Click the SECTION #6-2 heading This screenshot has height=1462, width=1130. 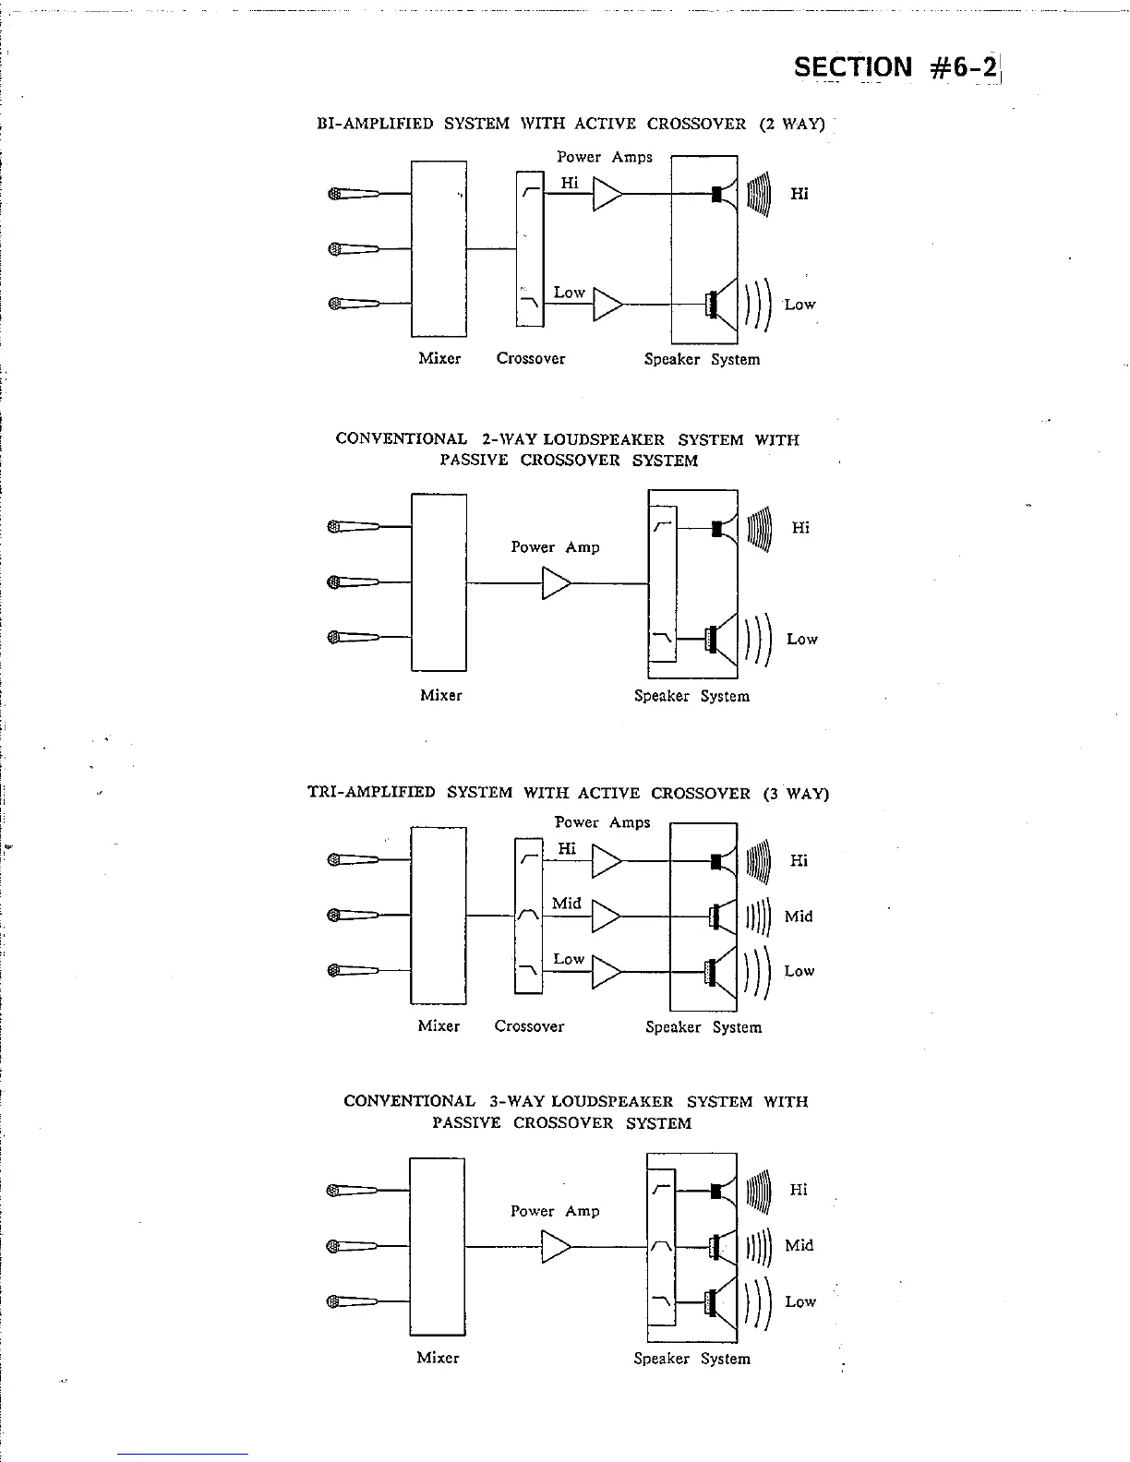(896, 66)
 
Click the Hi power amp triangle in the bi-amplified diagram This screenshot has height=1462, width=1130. (606, 194)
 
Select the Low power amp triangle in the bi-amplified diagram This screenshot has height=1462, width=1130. (606, 304)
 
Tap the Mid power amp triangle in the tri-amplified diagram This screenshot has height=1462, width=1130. (605, 917)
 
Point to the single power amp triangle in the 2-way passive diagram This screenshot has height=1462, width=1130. (556, 583)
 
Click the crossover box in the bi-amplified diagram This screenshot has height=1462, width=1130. (530, 248)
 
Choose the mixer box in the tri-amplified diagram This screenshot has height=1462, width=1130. (439, 915)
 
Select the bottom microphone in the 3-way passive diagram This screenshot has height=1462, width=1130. (352, 1301)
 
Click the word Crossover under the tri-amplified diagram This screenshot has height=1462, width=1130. (529, 1026)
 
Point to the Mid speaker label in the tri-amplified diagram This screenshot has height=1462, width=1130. (799, 917)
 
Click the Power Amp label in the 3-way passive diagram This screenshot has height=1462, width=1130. (555, 1211)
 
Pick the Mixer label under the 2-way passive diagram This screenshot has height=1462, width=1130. (440, 695)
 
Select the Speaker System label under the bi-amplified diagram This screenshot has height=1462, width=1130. (702, 359)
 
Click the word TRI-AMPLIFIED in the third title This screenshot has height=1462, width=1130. (371, 792)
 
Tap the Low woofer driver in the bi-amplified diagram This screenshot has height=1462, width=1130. (720, 304)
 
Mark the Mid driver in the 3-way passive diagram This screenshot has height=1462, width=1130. (721, 1246)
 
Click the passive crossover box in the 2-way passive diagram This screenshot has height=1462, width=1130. (663, 583)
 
